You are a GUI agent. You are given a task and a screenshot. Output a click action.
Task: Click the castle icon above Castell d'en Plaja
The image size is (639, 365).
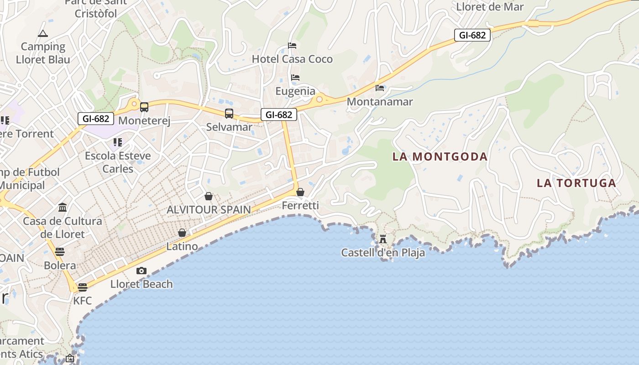click(383, 239)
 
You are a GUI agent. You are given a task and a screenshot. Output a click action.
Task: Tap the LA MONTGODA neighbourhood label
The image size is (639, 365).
click(440, 157)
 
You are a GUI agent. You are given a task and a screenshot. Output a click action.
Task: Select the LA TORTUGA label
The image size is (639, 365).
click(576, 183)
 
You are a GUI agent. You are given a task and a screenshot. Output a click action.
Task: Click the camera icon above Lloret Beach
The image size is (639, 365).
click(141, 271)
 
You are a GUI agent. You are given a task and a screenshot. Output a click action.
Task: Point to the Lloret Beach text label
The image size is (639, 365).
click(141, 284)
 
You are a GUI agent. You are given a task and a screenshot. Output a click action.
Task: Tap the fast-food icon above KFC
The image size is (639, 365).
click(82, 287)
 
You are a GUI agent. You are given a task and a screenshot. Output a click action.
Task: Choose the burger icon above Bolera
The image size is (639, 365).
click(60, 251)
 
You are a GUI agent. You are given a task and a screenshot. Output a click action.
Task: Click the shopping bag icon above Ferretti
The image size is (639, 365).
click(300, 192)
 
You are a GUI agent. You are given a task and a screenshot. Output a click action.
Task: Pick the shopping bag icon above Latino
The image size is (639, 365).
click(182, 233)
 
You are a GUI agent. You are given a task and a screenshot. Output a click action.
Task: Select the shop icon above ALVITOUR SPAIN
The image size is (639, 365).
click(209, 196)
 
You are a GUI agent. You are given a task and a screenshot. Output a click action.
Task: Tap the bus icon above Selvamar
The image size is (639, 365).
click(229, 113)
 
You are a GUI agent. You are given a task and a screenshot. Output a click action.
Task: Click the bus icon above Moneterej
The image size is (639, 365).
click(144, 107)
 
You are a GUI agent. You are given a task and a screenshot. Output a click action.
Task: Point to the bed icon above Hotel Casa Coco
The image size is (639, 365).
click(292, 45)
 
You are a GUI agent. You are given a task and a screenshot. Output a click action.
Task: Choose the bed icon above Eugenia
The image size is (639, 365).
click(295, 77)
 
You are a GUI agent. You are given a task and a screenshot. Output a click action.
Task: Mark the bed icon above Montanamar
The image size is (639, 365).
click(380, 88)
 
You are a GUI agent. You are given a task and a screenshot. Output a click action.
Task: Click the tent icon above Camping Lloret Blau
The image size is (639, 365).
click(43, 33)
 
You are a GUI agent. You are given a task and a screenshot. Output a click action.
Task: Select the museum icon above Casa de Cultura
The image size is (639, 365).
click(63, 208)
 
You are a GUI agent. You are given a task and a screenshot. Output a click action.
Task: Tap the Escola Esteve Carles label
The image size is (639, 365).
click(118, 162)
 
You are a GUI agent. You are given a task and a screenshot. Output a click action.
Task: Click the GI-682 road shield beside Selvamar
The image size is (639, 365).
click(279, 115)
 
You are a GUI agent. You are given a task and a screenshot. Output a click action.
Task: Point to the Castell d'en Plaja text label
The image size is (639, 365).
click(383, 253)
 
